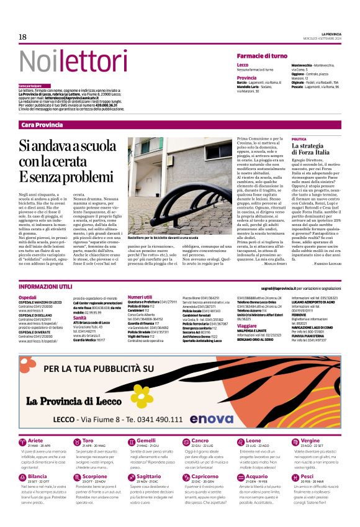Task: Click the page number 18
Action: (x=22, y=37)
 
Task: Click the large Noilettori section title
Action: (x=64, y=61)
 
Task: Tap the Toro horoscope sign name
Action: (x=89, y=423)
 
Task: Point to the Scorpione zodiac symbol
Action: (x=77, y=460)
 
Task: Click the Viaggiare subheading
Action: (x=248, y=325)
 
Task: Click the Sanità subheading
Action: (x=79, y=317)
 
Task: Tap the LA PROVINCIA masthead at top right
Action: (x=326, y=33)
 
